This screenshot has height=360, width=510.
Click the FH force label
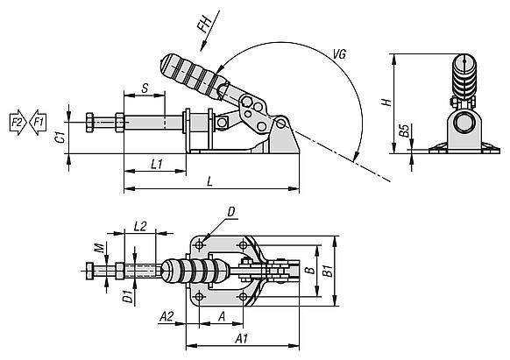[205, 25]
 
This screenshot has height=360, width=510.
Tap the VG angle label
[339, 54]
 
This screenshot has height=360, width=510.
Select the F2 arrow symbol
[18, 123]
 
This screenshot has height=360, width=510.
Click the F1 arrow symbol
[38, 123]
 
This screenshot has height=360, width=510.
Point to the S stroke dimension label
[145, 88]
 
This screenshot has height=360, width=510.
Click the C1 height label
[60, 137]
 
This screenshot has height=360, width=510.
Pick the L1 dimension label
[157, 164]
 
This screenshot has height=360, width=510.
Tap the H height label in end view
[386, 102]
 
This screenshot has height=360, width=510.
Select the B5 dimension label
[404, 131]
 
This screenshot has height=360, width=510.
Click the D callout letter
[231, 212]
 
